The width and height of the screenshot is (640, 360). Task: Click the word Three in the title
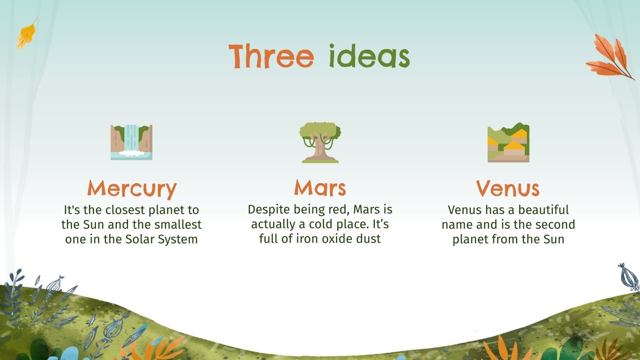[271, 56]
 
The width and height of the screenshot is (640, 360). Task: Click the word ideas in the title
[369, 56]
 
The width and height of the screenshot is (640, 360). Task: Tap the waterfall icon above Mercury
[132, 142]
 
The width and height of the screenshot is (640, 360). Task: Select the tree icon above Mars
[320, 143]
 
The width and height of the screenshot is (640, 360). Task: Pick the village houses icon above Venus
[508, 143]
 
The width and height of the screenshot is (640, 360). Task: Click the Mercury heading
[132, 188]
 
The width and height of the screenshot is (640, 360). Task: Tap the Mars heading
[320, 187]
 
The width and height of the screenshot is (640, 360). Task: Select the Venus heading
[508, 188]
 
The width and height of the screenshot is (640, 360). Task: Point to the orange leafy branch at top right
[610, 57]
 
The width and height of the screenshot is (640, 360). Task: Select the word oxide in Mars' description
[330, 239]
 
